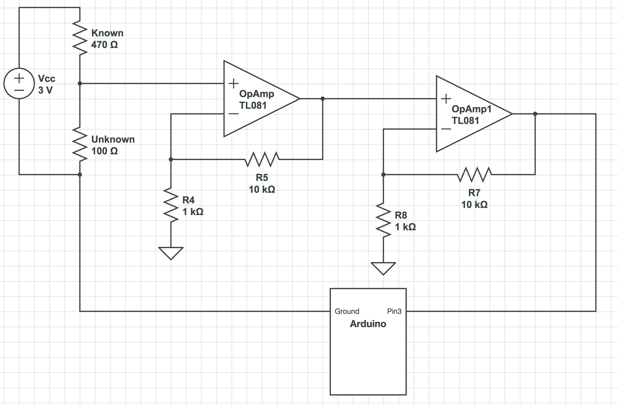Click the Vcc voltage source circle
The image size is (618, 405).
pyautogui.click(x=19, y=84)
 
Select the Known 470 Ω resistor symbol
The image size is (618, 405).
pyautogui.click(x=80, y=39)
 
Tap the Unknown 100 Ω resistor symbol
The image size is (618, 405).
pyautogui.click(x=80, y=144)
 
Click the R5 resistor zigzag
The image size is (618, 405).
pyautogui.click(x=262, y=159)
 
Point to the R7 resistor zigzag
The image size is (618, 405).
pyautogui.click(x=474, y=174)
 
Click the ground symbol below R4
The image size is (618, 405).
pyautogui.click(x=171, y=253)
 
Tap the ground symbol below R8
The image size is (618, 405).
pyautogui.click(x=383, y=268)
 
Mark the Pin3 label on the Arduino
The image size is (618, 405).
pyautogui.click(x=394, y=311)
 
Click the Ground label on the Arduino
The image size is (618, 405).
pyautogui.click(x=347, y=311)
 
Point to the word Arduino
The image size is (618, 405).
pyautogui.click(x=368, y=324)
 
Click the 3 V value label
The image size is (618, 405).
pyautogui.click(x=45, y=90)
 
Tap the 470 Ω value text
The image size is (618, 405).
pyautogui.click(x=104, y=45)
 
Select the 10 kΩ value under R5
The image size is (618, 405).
pyautogui.click(x=262, y=190)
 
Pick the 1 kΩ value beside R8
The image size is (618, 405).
pyautogui.click(x=405, y=227)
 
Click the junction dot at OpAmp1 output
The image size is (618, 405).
pyautogui.click(x=535, y=114)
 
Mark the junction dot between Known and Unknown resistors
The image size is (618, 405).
pyautogui.click(x=80, y=83)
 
